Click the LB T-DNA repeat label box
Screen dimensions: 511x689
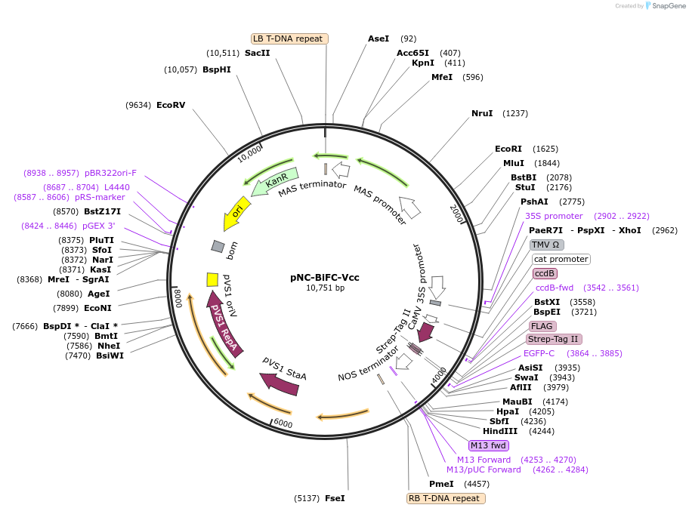tap(289, 38)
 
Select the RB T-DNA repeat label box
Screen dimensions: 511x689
tap(446, 498)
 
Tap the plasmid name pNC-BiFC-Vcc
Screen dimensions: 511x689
tap(325, 277)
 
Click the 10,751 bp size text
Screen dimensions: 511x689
tap(325, 288)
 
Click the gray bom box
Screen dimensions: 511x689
tap(218, 246)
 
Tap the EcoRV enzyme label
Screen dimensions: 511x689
tap(170, 105)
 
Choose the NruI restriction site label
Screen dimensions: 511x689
tap(482, 113)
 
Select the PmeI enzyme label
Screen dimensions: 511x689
tap(441, 484)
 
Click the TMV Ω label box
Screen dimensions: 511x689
tap(545, 245)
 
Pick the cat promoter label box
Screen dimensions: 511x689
tap(561, 259)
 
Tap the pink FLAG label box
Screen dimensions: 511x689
tap(542, 326)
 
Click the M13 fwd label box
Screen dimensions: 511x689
tap(488, 445)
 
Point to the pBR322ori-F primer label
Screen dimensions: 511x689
tap(110, 173)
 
